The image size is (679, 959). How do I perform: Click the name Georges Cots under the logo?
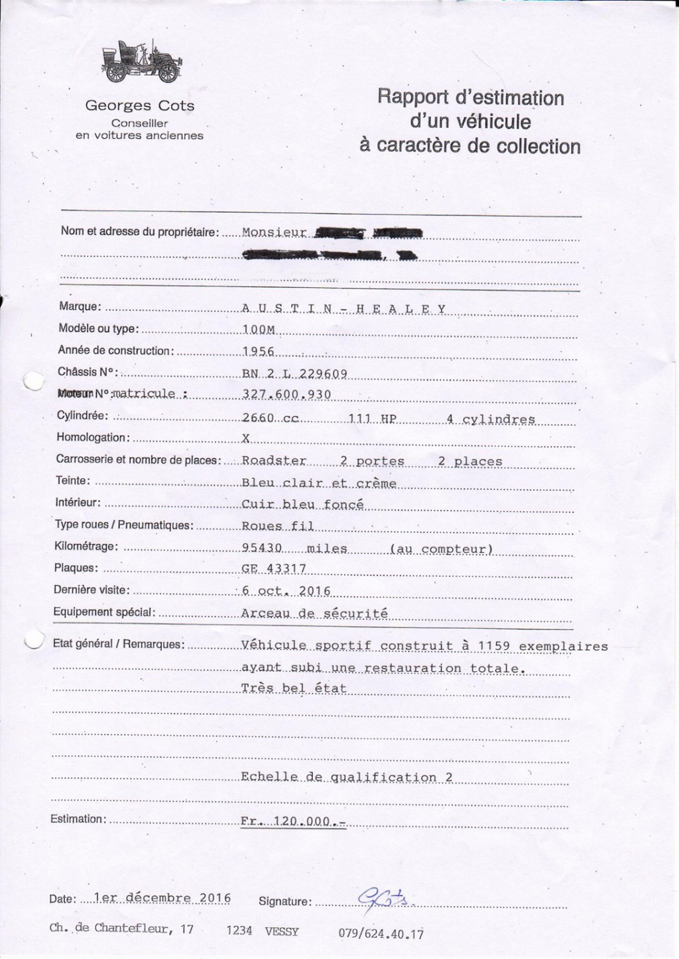pos(140,105)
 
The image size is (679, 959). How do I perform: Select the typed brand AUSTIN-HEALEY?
pos(343,308)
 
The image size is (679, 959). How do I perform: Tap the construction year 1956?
pos(259,352)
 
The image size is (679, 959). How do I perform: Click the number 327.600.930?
pos(286,395)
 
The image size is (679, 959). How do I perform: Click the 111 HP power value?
pos(371,419)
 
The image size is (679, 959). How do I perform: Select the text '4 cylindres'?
pos(491,419)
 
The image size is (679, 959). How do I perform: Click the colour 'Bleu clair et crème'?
pos(319,483)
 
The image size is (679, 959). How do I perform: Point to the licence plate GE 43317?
pos(273,568)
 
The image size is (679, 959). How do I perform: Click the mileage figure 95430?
pos(263,548)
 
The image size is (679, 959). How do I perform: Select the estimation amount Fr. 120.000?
pos(293,821)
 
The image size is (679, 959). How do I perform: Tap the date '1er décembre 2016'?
pos(163,898)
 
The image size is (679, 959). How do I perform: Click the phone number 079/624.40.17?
pos(381,934)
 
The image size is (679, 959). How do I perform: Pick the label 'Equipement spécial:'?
pos(104,611)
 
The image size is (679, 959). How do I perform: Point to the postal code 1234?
pos(239,930)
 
